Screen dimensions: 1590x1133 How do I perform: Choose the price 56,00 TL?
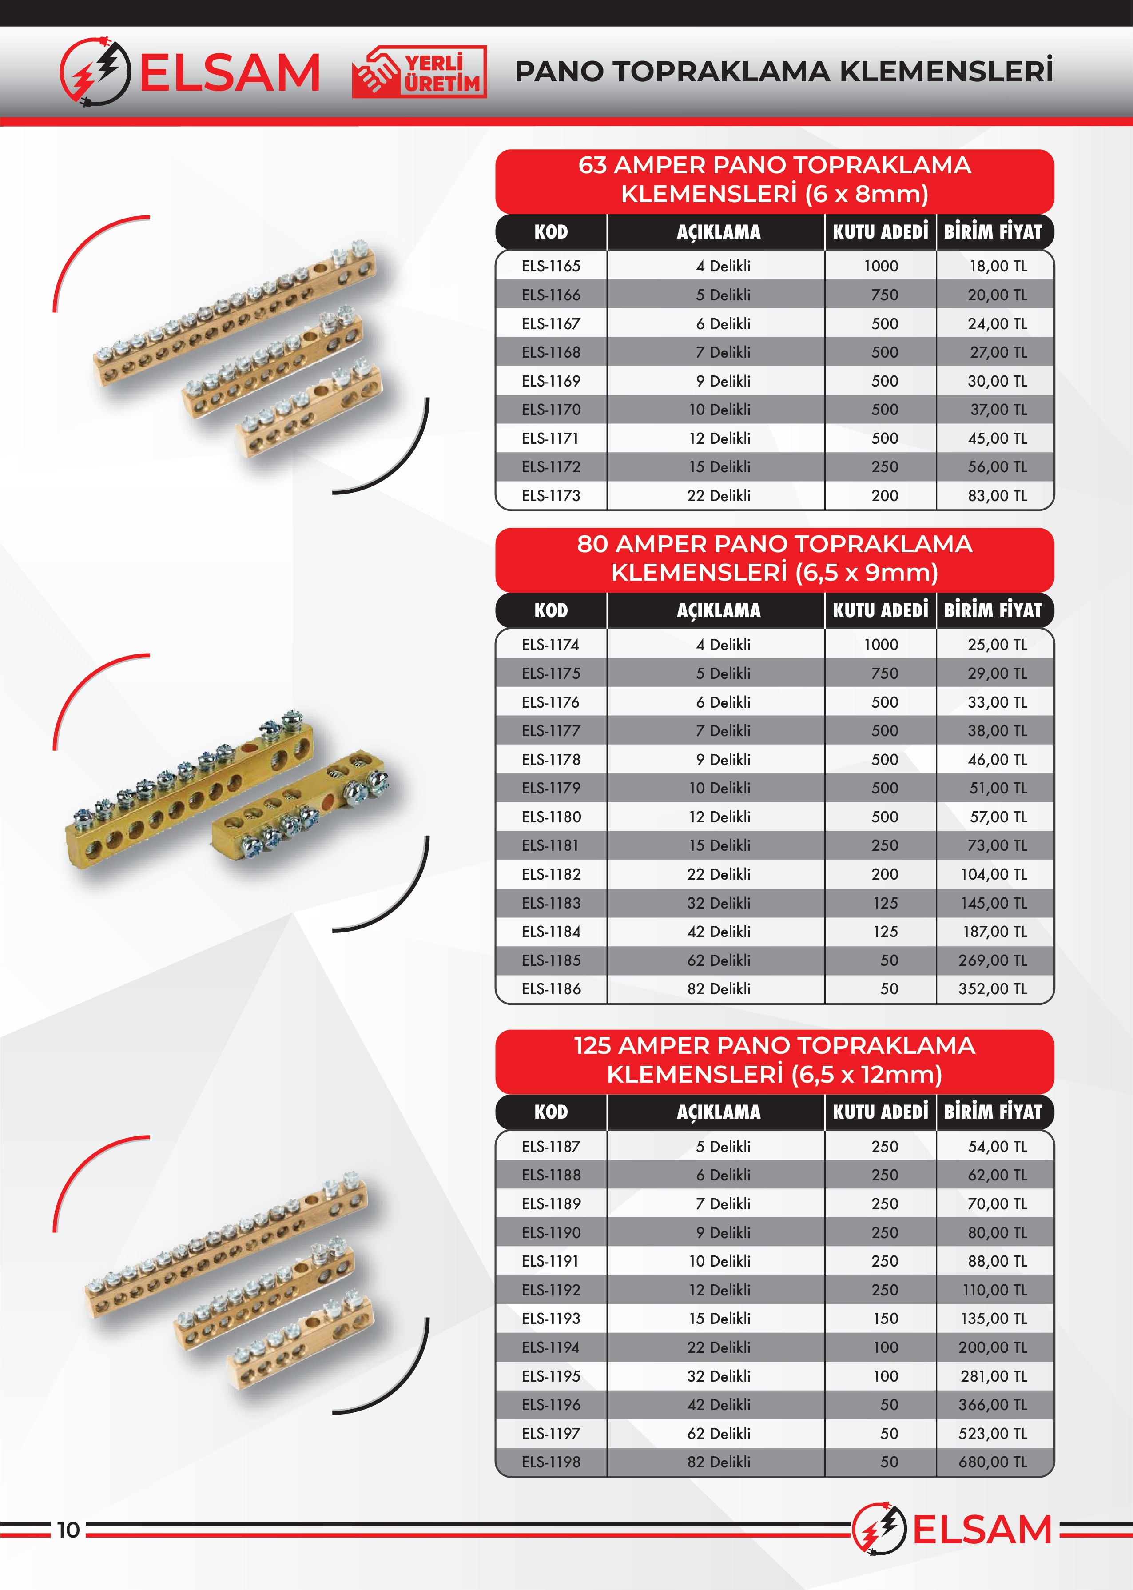997,467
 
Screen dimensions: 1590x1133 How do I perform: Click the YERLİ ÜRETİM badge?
419,72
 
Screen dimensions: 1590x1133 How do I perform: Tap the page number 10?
68,1530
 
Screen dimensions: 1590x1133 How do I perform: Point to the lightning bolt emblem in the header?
95,72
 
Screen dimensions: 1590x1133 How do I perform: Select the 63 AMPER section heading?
775,180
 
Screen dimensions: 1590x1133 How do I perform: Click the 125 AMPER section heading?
775,1060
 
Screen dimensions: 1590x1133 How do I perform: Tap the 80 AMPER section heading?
775,558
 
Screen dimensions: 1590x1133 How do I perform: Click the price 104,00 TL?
994,874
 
